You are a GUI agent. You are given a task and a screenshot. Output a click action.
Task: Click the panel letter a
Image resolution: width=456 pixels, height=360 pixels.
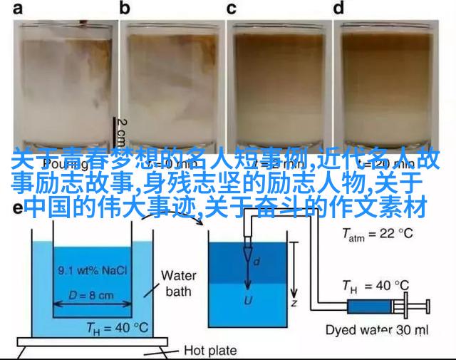[16, 9]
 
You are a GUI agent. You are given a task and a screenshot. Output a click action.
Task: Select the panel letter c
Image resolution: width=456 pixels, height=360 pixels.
[231, 9]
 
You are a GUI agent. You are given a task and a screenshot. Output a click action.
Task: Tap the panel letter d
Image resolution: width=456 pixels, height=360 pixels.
[339, 9]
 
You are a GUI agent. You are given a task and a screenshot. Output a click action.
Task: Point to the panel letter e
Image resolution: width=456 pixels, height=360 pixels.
[17, 208]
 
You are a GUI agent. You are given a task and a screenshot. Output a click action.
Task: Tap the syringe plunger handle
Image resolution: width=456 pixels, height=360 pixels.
[428, 307]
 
